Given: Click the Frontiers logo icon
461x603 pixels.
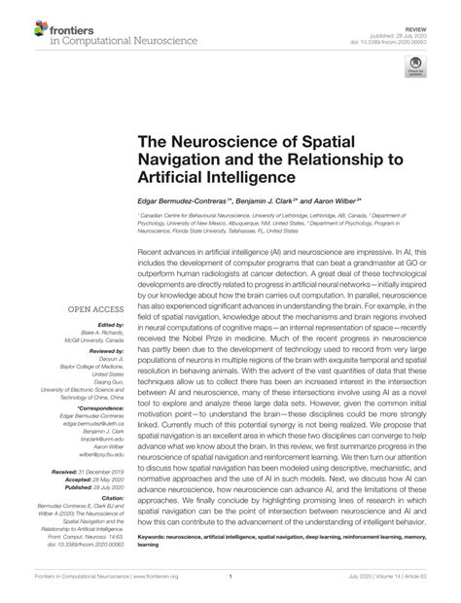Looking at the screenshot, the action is pos(23,26).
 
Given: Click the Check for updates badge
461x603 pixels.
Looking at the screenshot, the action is pos(425,67).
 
